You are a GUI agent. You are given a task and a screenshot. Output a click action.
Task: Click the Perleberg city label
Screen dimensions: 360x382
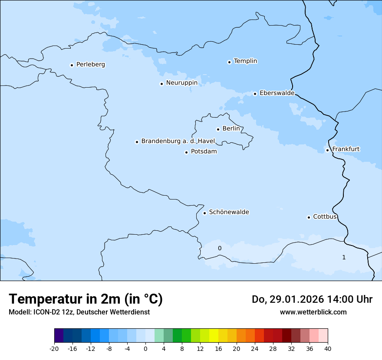[x=90, y=65]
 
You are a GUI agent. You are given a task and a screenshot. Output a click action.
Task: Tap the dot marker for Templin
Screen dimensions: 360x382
[x=229, y=62]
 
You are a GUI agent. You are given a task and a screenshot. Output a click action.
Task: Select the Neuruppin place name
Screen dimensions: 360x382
[x=181, y=83]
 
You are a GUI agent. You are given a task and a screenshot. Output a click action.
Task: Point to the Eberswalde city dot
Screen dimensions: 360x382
[x=255, y=94]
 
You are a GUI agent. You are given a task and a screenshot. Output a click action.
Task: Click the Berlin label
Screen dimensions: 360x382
[x=231, y=129]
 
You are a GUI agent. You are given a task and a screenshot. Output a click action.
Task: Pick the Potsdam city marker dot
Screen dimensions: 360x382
[x=186, y=152]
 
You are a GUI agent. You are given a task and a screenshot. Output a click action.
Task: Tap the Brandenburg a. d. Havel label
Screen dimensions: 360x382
[x=178, y=141]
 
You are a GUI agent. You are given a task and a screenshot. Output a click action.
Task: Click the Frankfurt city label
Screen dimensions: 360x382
[x=346, y=149]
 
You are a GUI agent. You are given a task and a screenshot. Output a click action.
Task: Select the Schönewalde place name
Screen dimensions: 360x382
[x=229, y=212]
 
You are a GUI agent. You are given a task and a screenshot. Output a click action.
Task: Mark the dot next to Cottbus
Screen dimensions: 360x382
[x=309, y=217]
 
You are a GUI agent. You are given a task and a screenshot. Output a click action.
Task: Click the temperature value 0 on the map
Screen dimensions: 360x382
[x=220, y=249]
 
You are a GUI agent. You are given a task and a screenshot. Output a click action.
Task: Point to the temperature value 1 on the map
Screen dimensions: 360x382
[x=344, y=258]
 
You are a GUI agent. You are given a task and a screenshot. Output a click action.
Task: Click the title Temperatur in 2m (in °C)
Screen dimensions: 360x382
[x=86, y=299]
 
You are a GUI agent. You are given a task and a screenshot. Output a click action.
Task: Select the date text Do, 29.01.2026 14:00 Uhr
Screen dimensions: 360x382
[x=312, y=299]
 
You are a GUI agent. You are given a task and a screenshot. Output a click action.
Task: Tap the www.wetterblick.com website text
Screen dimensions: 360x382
[x=313, y=312]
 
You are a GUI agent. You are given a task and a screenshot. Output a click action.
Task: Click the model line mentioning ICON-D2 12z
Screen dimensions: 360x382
[x=79, y=312]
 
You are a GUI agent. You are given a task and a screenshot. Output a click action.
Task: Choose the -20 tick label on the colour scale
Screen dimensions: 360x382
[x=54, y=349]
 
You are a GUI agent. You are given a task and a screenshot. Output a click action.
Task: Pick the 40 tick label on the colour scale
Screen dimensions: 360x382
[x=328, y=349]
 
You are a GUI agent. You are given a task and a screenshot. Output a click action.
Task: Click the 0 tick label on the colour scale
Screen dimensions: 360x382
[x=145, y=349]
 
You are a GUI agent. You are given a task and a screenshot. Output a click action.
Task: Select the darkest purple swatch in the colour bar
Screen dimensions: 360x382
[x=59, y=336]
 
